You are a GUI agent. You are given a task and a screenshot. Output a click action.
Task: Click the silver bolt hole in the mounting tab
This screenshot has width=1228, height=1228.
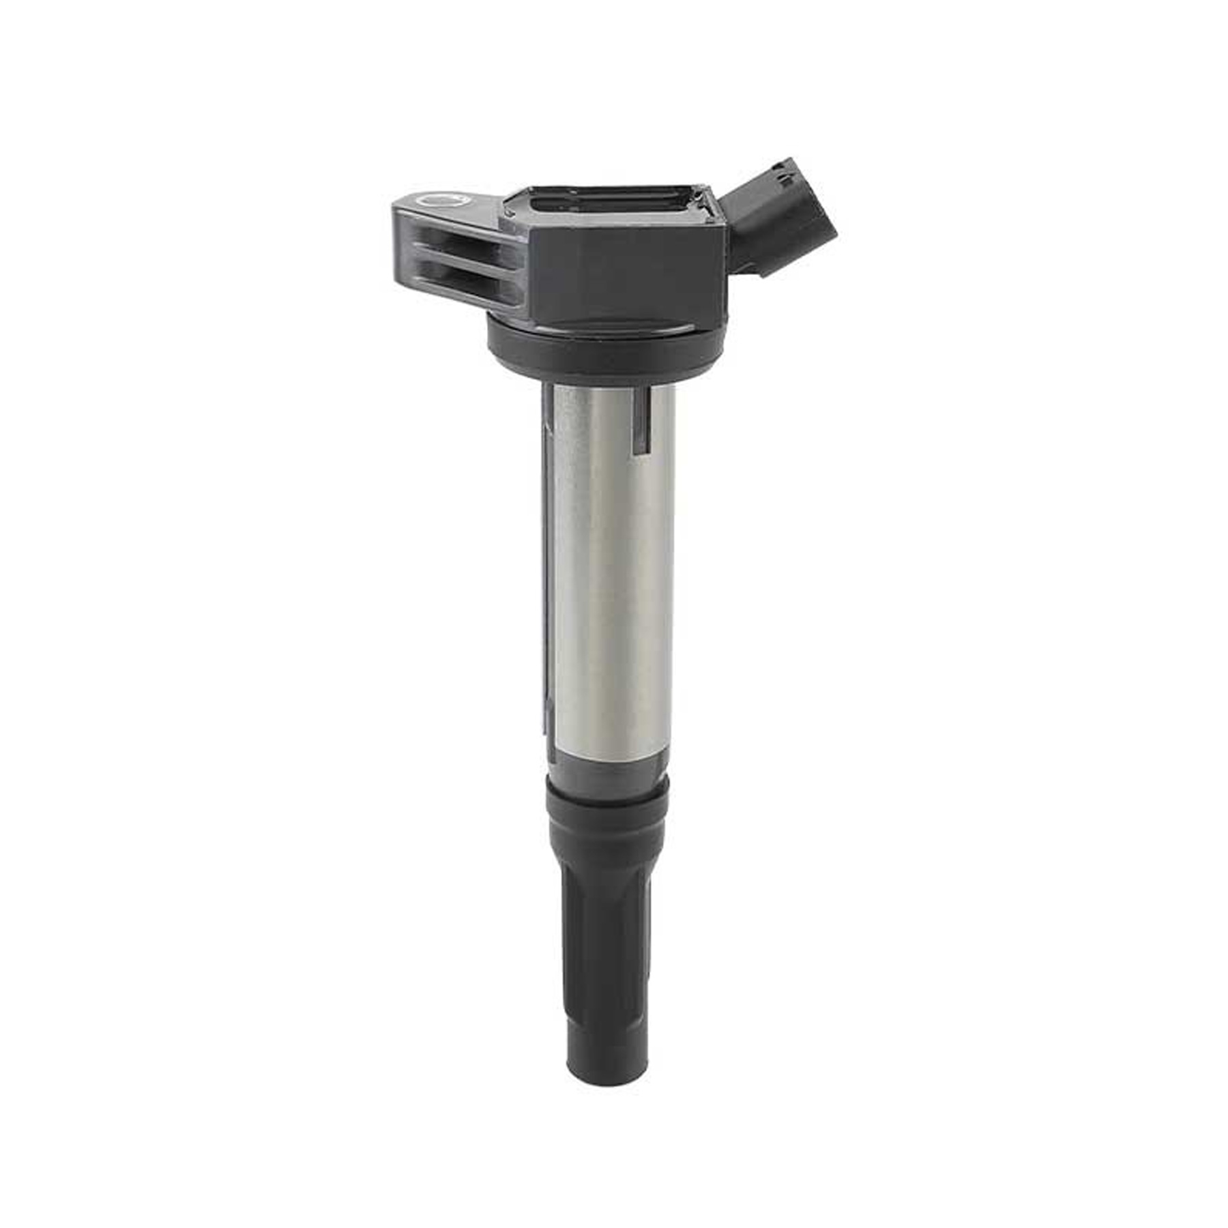[x=437, y=200]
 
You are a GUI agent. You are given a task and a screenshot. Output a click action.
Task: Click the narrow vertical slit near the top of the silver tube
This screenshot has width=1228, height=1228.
[x=639, y=423]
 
